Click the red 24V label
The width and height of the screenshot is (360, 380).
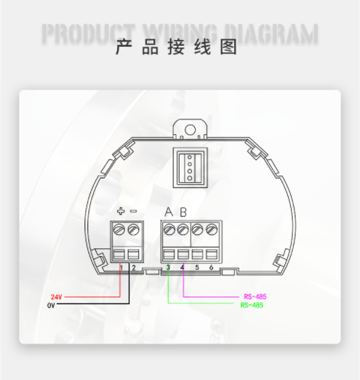[56, 297]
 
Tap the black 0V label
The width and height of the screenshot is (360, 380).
[51, 305]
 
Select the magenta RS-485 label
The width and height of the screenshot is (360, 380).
[255, 296]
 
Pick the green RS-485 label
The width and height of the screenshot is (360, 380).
[252, 305]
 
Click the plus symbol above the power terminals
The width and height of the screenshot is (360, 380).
[121, 211]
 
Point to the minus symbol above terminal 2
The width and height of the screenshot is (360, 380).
[134, 211]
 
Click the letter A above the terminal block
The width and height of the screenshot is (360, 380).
[169, 212]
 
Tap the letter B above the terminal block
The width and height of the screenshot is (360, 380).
[183, 212]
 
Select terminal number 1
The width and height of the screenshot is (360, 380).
[121, 268]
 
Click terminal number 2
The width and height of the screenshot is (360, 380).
[134, 268]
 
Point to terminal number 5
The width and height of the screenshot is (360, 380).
[197, 267]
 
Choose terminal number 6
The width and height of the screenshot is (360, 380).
[211, 267]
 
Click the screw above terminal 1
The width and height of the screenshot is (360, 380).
[119, 229]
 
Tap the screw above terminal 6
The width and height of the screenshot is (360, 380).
[212, 229]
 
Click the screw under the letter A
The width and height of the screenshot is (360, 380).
[169, 229]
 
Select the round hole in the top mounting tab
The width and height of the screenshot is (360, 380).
[191, 130]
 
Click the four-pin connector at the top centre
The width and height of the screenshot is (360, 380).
[190, 167]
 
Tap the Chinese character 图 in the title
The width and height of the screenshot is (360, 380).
[228, 47]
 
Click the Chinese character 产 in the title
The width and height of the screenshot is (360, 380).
[124, 47]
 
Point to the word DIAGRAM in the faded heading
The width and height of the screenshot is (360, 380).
[271, 34]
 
